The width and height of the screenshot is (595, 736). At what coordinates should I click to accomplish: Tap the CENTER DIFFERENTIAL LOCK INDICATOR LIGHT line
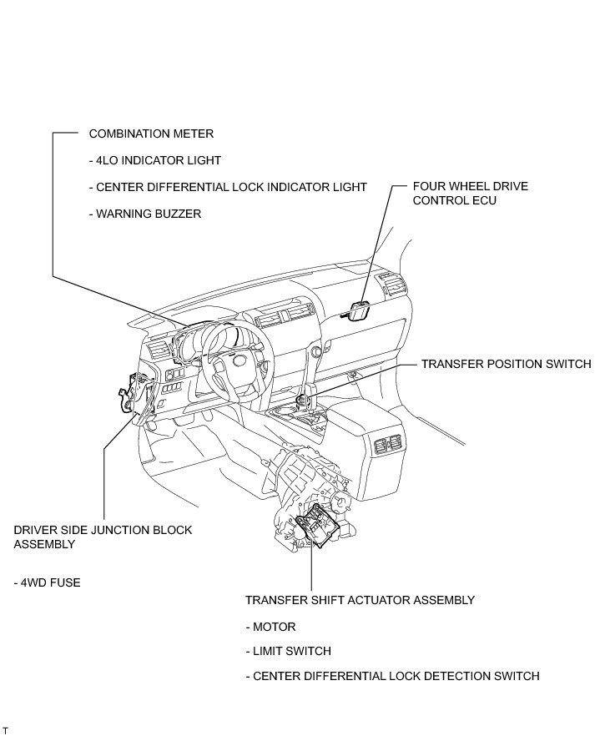tap(227, 187)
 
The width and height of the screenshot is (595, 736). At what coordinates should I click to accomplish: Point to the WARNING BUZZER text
tap(144, 214)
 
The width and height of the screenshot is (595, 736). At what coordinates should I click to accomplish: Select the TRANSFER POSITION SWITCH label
tap(506, 365)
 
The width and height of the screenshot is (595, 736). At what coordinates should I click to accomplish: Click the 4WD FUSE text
tap(48, 582)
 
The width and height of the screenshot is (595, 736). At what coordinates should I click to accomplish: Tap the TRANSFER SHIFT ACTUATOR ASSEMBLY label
tap(360, 600)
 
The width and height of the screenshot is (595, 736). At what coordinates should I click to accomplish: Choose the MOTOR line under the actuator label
tap(270, 627)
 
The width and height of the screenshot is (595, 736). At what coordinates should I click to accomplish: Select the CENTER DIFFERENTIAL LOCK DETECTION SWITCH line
tap(392, 676)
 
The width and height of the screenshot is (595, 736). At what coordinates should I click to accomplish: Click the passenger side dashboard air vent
tap(393, 287)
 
